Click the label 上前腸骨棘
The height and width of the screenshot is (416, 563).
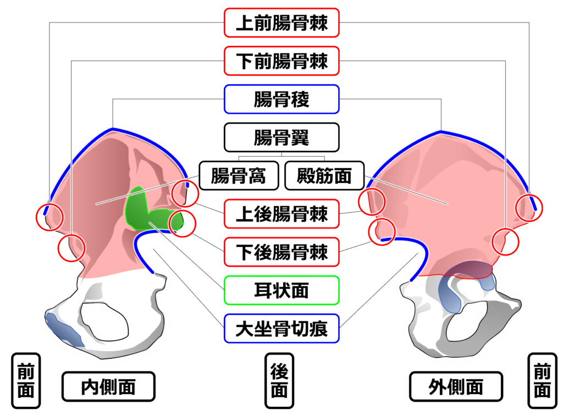click(x=282, y=23)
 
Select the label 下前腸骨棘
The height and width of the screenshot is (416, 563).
click(x=282, y=61)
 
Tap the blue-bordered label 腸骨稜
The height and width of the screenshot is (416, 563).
click(x=282, y=99)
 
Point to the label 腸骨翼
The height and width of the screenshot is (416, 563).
click(x=282, y=137)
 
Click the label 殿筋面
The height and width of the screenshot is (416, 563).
click(x=324, y=176)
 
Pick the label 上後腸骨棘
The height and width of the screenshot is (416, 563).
click(x=282, y=214)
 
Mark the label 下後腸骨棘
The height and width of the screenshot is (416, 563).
click(x=282, y=252)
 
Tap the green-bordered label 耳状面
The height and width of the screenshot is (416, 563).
click(x=282, y=290)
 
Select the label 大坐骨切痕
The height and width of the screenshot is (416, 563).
click(x=282, y=329)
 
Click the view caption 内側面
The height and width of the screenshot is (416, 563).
click(x=108, y=387)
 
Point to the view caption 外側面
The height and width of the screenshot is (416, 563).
click(x=455, y=387)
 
